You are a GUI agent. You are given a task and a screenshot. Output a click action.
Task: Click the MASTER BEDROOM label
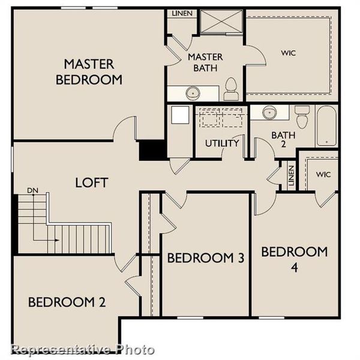coord(93,71)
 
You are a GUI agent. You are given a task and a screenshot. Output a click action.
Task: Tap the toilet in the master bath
coord(230,89)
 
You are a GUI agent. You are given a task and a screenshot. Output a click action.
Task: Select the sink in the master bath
coord(193,93)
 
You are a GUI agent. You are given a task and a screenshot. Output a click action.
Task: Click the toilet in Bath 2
coord(302,116)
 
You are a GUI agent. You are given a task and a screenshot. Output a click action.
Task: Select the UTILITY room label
coord(222,143)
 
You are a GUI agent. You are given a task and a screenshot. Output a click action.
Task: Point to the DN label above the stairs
coord(32,191)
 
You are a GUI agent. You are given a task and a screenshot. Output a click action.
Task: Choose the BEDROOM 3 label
coord(205,258)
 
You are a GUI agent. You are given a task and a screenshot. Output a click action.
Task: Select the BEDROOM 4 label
coord(294,258)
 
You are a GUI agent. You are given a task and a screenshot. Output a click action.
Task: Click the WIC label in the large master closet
coord(289,53)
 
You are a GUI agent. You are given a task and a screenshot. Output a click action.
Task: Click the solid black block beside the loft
coord(153,150)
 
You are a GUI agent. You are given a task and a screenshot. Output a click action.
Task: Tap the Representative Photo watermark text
coord(83,349)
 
